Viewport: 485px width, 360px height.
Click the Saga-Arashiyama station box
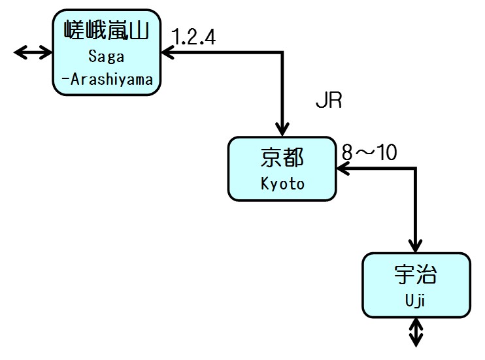107,52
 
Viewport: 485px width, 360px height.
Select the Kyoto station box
282,169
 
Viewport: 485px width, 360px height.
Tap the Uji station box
416,285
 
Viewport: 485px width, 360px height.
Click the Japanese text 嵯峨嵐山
107,30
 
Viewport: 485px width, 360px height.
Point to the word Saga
107,57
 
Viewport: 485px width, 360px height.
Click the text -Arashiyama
107,80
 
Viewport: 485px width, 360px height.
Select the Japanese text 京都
282,157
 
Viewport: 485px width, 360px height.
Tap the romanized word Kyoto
282,184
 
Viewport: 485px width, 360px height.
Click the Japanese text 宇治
416,274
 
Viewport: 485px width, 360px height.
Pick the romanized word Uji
416,301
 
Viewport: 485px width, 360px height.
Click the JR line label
329,102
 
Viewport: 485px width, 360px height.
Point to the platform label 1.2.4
193,35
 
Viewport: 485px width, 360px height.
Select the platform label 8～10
369,152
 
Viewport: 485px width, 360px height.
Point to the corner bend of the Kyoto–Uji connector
416,169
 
